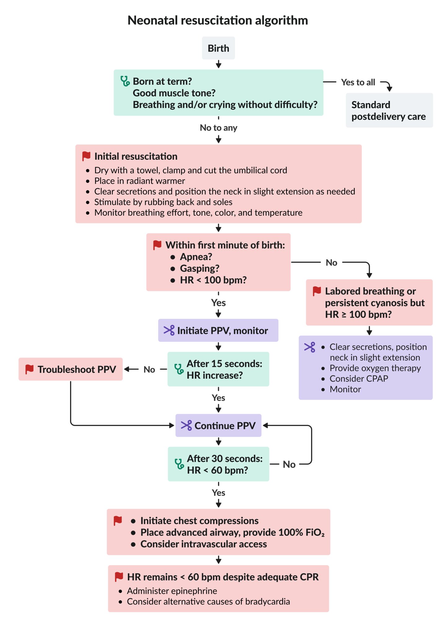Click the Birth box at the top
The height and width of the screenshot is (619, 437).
click(218, 48)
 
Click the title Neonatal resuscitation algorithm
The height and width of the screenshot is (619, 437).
click(218, 20)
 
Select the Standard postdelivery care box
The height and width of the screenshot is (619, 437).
click(389, 110)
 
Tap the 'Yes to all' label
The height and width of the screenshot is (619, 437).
click(358, 82)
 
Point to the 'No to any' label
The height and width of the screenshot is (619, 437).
click(218, 128)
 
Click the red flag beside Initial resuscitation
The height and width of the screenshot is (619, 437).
click(86, 156)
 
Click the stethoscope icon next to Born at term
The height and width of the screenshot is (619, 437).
click(125, 81)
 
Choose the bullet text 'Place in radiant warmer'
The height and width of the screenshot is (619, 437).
click(140, 181)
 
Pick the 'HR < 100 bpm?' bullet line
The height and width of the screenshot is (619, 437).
click(213, 280)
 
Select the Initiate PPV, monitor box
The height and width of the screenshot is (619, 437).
click(218, 331)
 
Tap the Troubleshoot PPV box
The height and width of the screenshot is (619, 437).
click(71, 369)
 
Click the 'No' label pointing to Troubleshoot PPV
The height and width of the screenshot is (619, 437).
click(149, 370)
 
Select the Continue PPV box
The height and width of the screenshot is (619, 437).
click(218, 426)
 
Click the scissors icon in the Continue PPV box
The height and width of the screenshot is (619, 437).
click(186, 426)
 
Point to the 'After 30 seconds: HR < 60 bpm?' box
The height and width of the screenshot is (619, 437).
click(218, 464)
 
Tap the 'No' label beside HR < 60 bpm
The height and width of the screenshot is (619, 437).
click(289, 465)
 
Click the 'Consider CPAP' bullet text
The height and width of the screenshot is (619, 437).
click(359, 379)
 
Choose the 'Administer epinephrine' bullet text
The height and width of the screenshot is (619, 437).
click(172, 591)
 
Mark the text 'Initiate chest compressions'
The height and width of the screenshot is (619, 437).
click(199, 521)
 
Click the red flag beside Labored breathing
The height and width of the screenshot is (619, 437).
click(317, 291)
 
